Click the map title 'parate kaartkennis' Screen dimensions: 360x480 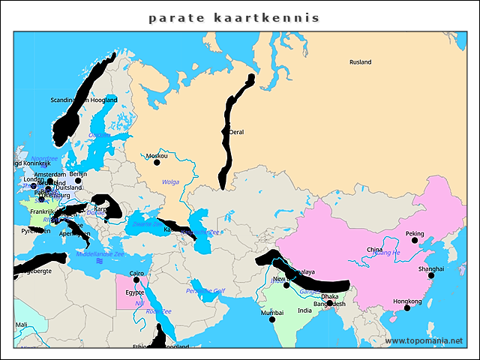(x=233, y=17)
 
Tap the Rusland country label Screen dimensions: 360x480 (x=360, y=62)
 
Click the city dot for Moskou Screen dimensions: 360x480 (x=156, y=163)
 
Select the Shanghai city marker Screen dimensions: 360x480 (x=431, y=275)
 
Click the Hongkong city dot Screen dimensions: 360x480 (x=407, y=307)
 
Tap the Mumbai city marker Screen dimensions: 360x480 (x=272, y=319)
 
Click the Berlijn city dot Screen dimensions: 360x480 (x=78, y=180)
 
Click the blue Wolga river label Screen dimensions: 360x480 (x=171, y=181)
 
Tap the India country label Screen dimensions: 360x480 (x=304, y=310)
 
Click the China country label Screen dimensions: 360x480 (x=374, y=250)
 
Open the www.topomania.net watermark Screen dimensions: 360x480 (x=424, y=341)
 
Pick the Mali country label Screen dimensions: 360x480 (x=22, y=325)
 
